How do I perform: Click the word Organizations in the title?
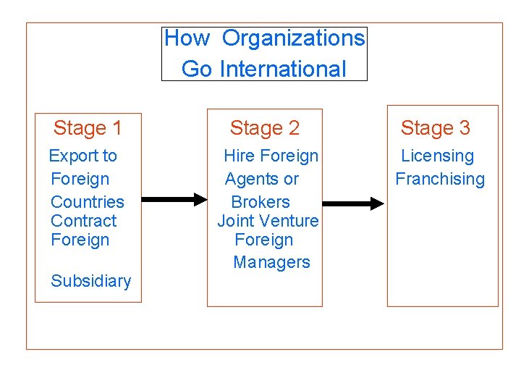293,38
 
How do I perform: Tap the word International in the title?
282,69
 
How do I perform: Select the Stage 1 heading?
88,129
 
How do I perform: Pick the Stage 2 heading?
264,129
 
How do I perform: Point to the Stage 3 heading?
435,128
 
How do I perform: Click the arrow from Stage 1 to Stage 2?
174,198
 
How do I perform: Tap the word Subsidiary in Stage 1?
91,281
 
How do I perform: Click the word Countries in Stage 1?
88,202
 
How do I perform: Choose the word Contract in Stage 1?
83,221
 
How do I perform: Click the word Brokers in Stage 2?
260,202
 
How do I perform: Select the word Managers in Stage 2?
271,262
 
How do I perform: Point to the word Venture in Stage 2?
289,221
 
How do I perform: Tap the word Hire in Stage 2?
239,156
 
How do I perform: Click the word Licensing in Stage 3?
437,156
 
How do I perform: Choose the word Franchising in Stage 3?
439,179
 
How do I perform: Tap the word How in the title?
187,38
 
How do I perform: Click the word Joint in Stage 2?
235,221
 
